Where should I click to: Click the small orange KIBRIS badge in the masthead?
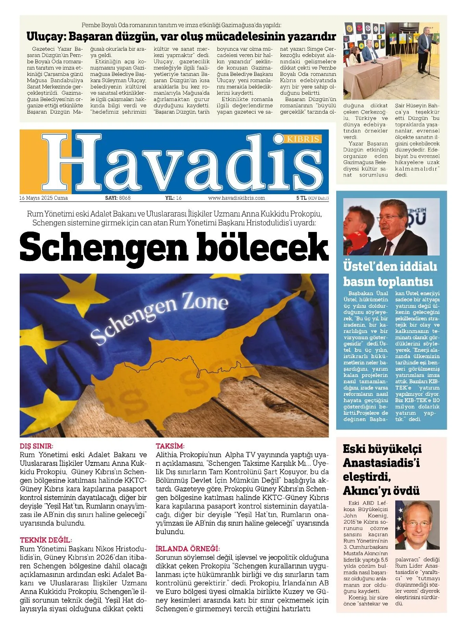(303, 139)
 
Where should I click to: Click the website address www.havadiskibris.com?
(236, 198)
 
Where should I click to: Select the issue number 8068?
(125, 198)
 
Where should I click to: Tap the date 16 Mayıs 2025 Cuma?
(43, 198)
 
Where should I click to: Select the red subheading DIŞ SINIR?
(36, 446)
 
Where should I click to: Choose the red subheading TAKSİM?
(170, 446)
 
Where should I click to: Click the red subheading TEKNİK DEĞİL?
(46, 540)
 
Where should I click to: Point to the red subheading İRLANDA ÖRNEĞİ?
(187, 548)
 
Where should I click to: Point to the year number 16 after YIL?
(179, 198)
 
